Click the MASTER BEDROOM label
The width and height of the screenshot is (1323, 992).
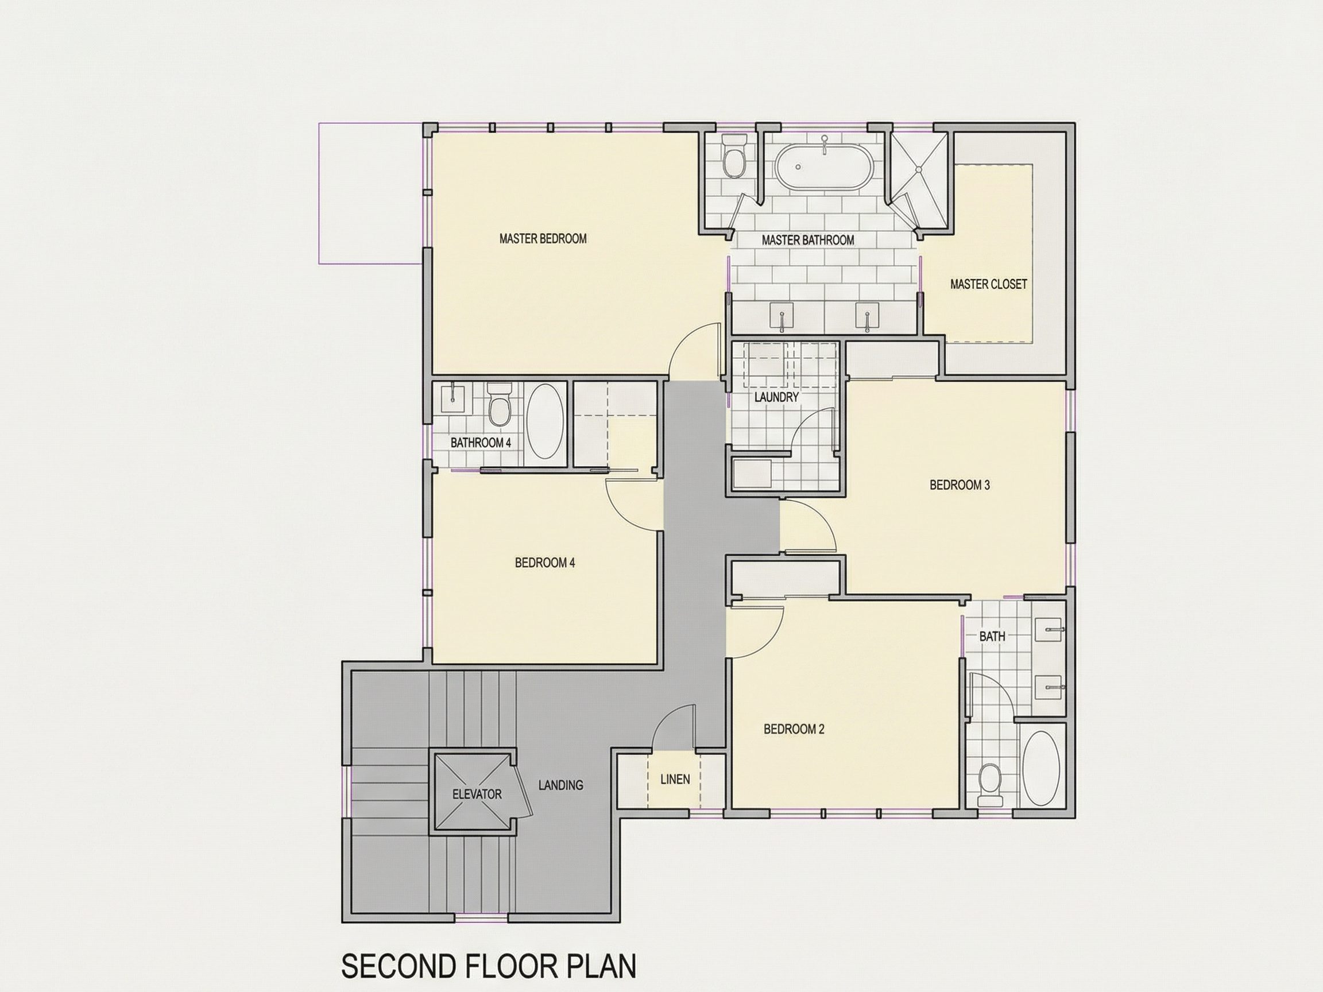pyautogui.click(x=543, y=239)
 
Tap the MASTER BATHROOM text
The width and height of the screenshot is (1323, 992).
pyautogui.click(x=807, y=241)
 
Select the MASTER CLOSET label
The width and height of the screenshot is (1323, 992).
pyautogui.click(x=989, y=285)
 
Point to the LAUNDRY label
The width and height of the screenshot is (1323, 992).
pyautogui.click(x=776, y=397)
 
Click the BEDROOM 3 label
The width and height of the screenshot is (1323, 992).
pyautogui.click(x=960, y=485)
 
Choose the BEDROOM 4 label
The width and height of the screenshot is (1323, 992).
pyautogui.click(x=545, y=563)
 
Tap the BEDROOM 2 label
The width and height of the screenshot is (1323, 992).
pyautogui.click(x=794, y=729)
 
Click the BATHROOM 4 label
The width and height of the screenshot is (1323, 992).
pyautogui.click(x=481, y=443)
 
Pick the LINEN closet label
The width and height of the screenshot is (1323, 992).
pyautogui.click(x=675, y=779)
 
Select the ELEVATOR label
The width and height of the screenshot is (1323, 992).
pyautogui.click(x=477, y=794)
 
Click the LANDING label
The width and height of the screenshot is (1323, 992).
pyautogui.click(x=560, y=785)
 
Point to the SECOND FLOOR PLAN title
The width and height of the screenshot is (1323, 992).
pyautogui.click(x=489, y=966)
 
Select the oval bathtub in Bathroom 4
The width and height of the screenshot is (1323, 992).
pyautogui.click(x=546, y=421)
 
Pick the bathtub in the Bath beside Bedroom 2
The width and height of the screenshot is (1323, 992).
pyautogui.click(x=1041, y=768)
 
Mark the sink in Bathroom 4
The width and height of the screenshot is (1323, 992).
pyautogui.click(x=452, y=398)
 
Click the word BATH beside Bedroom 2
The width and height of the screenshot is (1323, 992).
pyautogui.click(x=992, y=637)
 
